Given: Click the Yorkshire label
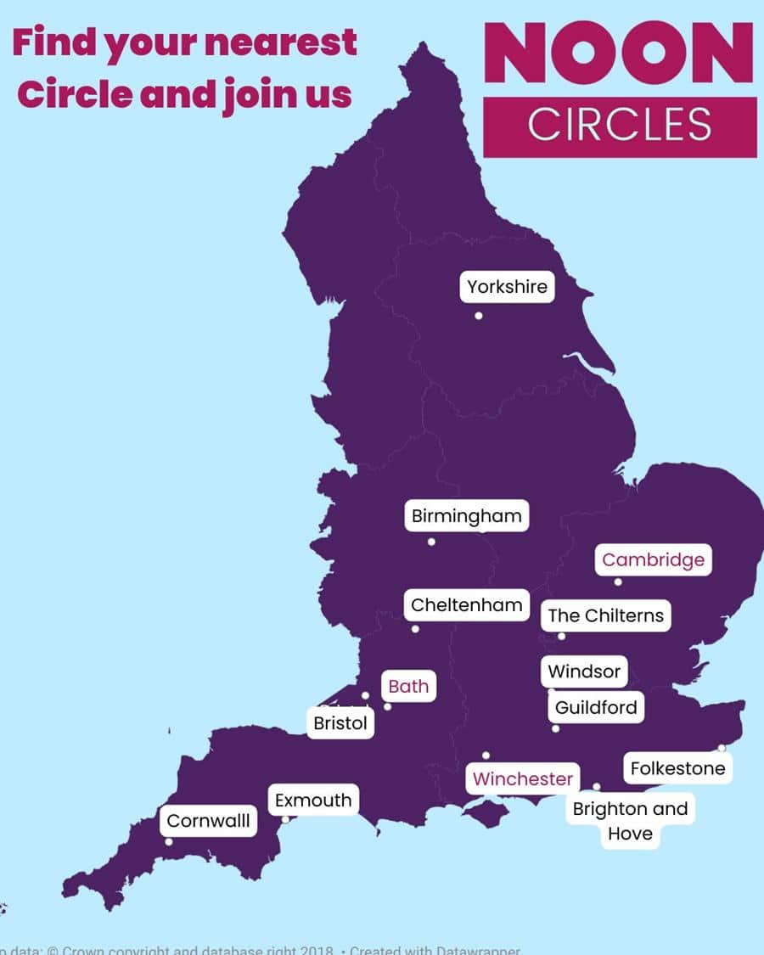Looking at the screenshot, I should tap(508, 287).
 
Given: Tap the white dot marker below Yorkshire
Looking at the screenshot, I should tap(479, 316).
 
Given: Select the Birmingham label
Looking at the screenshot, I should tap(466, 516).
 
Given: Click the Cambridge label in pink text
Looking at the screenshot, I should tap(653, 560).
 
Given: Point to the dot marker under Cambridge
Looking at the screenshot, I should tap(618, 582).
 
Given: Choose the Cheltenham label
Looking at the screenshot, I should tap(466, 605).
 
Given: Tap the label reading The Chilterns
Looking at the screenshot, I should tap(605, 615).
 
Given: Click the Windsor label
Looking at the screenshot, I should tap(584, 671).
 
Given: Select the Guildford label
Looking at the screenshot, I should tap(595, 707).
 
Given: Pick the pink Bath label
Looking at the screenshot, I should tap(408, 686).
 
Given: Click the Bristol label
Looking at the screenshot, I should tap(340, 724).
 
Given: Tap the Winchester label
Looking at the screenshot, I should tap(523, 779).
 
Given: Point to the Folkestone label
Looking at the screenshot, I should tap(677, 769).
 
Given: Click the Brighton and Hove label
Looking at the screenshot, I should tap(630, 821).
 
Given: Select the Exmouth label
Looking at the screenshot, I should tap(313, 801).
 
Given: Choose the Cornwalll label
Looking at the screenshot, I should tap(209, 821).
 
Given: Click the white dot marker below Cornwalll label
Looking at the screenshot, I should tap(169, 842).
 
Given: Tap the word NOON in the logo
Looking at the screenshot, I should tap(619, 53).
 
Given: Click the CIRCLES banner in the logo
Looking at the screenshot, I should tap(620, 126).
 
